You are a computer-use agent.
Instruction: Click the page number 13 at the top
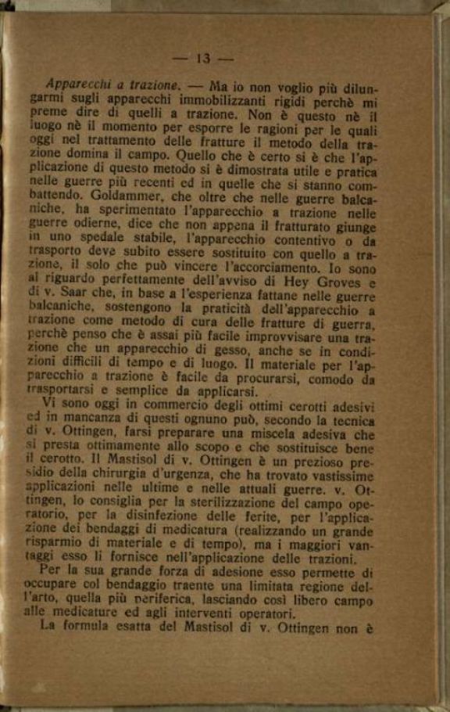tap(204, 58)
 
